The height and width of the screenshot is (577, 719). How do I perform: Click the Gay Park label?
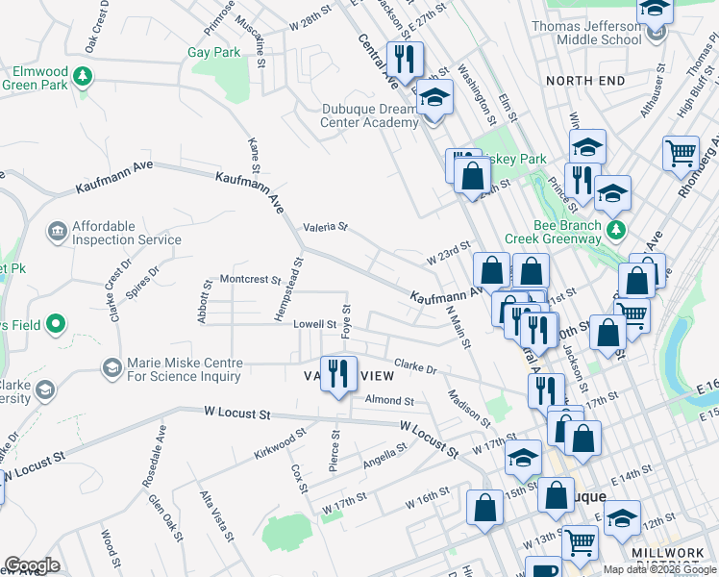pyautogui.click(x=213, y=53)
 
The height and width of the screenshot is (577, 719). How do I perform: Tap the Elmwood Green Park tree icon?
pyautogui.click(x=85, y=74)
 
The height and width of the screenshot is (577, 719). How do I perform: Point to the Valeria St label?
pyautogui.click(x=324, y=228)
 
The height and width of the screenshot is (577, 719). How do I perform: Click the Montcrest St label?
pyautogui.click(x=250, y=281)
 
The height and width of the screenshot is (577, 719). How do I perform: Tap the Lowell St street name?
pyautogui.click(x=314, y=325)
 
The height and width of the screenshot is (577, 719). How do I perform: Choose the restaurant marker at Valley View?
pyautogui.click(x=338, y=372)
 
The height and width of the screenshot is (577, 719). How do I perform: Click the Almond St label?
pyautogui.click(x=388, y=400)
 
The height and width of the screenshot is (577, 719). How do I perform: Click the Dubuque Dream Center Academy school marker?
pyautogui.click(x=434, y=97)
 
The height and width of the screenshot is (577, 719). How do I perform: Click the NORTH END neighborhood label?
pyautogui.click(x=579, y=81)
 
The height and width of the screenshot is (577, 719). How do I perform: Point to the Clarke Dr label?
pyautogui.click(x=416, y=367)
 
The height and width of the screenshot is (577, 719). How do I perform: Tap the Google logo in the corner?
pyautogui.click(x=32, y=565)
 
